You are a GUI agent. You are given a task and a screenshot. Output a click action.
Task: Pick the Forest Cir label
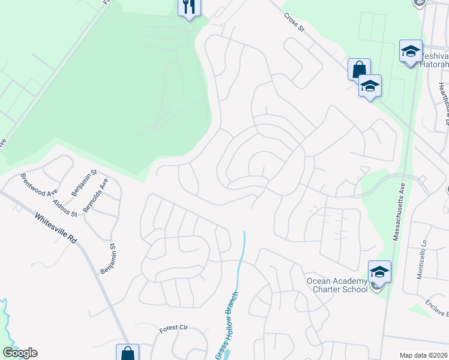coord(173,329)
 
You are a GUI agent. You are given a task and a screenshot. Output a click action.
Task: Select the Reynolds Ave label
coord(95,195)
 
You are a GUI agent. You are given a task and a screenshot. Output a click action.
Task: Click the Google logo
coord(20,353)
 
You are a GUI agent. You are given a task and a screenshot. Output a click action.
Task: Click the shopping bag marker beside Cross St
coord(359,69)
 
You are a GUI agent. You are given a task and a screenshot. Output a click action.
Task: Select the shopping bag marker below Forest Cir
coord(127,353)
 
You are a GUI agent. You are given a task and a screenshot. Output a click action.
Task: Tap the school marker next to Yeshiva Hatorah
coord(411,52)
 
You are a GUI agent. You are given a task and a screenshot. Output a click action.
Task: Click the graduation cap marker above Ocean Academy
coord(379,272)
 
